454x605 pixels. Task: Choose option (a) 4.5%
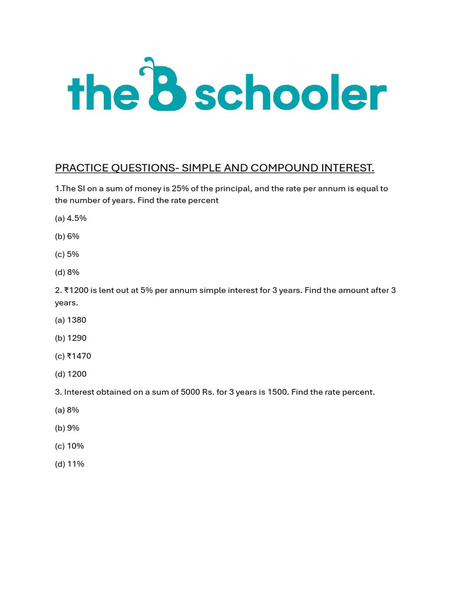click(71, 219)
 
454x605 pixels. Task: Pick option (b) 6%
click(67, 236)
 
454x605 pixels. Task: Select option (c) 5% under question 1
click(67, 255)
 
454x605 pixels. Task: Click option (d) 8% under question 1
click(67, 272)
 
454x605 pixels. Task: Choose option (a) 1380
click(71, 320)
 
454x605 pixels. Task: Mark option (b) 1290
click(71, 339)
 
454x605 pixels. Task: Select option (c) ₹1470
click(73, 356)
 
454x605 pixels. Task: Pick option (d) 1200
click(71, 374)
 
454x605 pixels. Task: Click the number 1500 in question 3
click(275, 392)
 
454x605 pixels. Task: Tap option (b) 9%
click(67, 428)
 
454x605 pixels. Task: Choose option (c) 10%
click(69, 446)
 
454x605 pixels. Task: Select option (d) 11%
click(69, 464)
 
